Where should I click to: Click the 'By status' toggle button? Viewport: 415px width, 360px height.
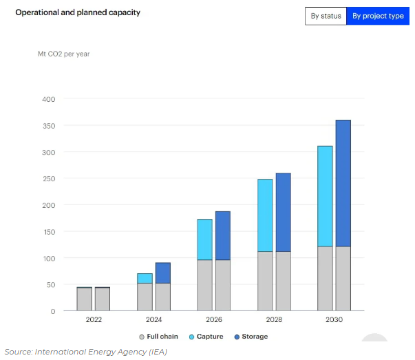point(326,16)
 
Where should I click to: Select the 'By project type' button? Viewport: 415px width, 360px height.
point(378,16)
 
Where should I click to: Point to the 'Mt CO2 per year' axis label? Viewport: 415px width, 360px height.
point(63,54)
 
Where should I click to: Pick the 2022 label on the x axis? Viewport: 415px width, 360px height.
point(94,320)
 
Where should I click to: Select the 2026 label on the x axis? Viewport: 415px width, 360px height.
point(214,320)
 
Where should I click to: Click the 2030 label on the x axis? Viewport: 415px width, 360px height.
point(334,320)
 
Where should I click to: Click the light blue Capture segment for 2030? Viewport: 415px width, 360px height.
point(325,196)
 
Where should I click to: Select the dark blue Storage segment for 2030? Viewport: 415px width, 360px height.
point(343,183)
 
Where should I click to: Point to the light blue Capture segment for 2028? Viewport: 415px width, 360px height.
point(265,215)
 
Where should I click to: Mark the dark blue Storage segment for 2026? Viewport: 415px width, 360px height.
point(222,235)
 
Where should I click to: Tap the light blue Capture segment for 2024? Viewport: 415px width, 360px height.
point(145,278)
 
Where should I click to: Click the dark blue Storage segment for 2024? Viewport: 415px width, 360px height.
point(162,273)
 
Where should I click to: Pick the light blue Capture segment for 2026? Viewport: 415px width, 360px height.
point(205,240)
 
